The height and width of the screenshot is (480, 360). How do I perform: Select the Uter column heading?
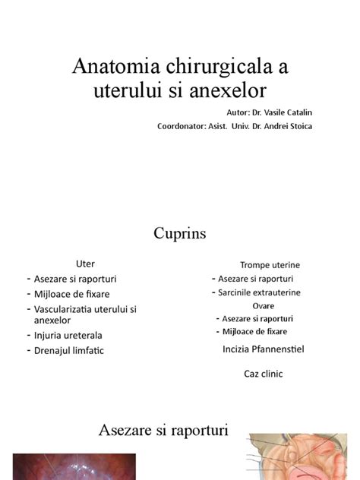pyautogui.click(x=84, y=264)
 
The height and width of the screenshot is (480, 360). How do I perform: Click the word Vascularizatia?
pyautogui.click(x=70, y=309)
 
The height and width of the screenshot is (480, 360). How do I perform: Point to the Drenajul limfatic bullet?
pyautogui.click(x=68, y=350)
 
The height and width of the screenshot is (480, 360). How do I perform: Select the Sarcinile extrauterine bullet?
pyautogui.click(x=259, y=292)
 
